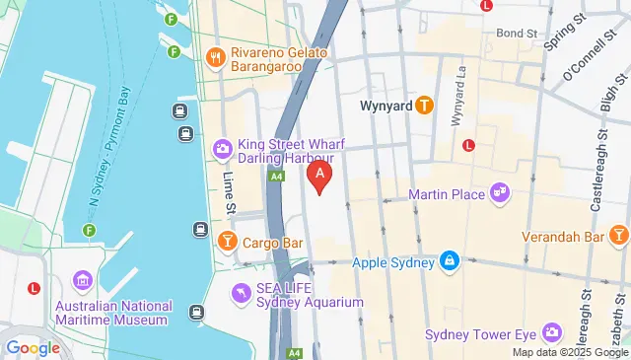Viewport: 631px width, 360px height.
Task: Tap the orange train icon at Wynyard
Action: coord(425,104)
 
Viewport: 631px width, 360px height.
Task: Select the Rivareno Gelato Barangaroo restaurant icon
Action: coord(213,56)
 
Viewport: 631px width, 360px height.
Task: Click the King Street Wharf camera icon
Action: coord(222,150)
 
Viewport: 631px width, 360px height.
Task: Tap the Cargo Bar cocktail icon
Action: coord(227,240)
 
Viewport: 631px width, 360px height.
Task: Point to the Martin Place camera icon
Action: coord(500,192)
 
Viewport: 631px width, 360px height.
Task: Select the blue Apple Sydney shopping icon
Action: coord(450,262)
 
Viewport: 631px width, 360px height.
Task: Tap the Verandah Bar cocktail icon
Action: coord(619,236)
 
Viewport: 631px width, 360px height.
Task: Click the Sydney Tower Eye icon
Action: coord(551,333)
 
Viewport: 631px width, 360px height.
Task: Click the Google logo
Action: coord(33,347)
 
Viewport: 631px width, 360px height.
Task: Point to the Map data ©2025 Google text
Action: coord(570,352)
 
